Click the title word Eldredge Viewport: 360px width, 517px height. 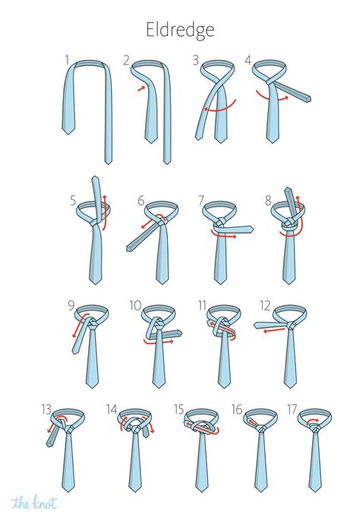coord(179,30)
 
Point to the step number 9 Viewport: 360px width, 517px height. coord(71,307)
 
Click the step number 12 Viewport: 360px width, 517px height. coord(264,307)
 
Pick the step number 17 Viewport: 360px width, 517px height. coord(292,411)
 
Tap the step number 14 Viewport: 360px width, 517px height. coord(111,411)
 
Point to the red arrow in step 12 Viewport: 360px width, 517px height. coord(273,329)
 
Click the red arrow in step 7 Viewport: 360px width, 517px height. coord(223,235)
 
